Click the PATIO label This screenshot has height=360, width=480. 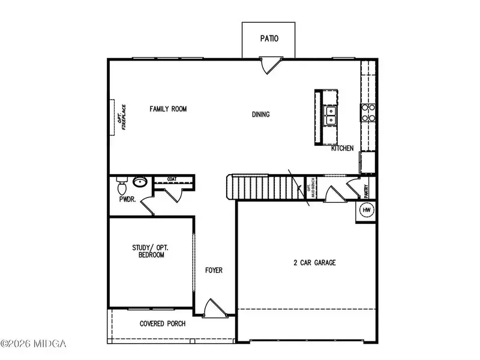(269, 38)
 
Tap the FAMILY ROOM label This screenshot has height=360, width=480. (168, 109)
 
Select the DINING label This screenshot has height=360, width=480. (261, 115)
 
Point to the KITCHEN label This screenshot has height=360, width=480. (342, 148)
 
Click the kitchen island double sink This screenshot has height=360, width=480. (331, 115)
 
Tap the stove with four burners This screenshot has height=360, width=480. (368, 113)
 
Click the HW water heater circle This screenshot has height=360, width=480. (367, 210)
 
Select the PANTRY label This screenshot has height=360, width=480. (366, 191)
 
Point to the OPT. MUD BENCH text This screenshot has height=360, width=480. (311, 188)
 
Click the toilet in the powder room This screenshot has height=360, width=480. (122, 186)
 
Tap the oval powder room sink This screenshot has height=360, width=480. (140, 182)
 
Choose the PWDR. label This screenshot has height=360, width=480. (127, 199)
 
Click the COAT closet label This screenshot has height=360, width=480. (172, 179)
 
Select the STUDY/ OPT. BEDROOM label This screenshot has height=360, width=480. (151, 251)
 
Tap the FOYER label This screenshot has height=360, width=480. (214, 271)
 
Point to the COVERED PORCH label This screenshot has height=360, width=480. (163, 323)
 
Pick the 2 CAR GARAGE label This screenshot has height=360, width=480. (314, 263)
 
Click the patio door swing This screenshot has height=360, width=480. (271, 65)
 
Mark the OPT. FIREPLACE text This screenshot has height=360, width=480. (122, 117)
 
